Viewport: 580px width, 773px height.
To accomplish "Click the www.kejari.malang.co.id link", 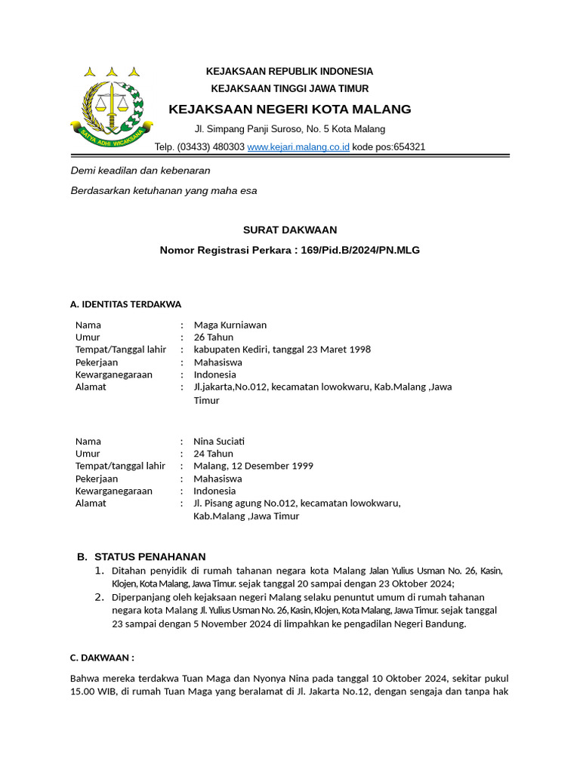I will pyautogui.click(x=298, y=147).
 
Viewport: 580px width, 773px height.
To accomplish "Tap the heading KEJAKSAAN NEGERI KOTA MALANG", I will pyautogui.click(x=290, y=109).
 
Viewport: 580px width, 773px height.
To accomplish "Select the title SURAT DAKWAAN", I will pyautogui.click(x=290, y=229).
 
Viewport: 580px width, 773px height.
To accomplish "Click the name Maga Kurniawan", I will pyautogui.click(x=230, y=325).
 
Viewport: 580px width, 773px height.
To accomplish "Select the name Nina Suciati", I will pyautogui.click(x=219, y=442).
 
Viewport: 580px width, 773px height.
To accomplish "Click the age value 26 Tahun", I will pyautogui.click(x=214, y=337).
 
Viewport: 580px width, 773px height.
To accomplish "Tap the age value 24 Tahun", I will pyautogui.click(x=214, y=454).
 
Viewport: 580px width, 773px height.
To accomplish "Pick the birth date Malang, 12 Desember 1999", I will pyautogui.click(x=253, y=467).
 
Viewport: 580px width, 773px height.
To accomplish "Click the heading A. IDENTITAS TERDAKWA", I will pyautogui.click(x=125, y=304).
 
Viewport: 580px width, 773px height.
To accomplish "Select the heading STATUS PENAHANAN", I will pyautogui.click(x=150, y=557).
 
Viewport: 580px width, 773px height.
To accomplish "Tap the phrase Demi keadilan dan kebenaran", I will pyautogui.click(x=140, y=171).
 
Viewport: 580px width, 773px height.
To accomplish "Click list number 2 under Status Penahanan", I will pyautogui.click(x=99, y=597).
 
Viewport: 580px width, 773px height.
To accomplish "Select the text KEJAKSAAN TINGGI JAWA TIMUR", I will pyautogui.click(x=290, y=88).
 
